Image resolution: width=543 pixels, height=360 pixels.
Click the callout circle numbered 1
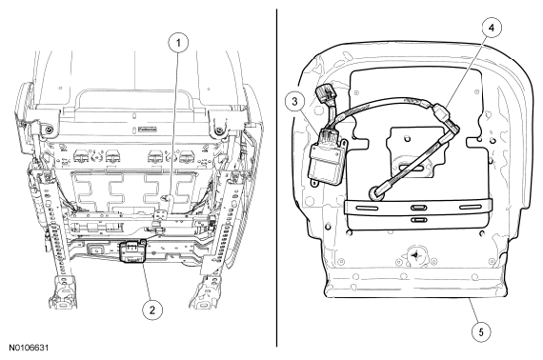pyautogui.click(x=178, y=43)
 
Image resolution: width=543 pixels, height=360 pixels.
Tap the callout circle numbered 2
pyautogui.click(x=152, y=310)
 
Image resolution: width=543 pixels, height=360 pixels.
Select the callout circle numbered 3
pyautogui.click(x=294, y=101)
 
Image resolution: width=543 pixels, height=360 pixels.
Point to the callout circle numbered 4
pyautogui.click(x=492, y=28)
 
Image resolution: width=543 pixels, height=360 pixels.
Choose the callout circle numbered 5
pyautogui.click(x=481, y=331)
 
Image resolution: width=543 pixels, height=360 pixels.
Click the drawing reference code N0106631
pyautogui.click(x=29, y=348)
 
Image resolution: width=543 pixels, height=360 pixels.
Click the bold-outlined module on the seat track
pyautogui.click(x=132, y=252)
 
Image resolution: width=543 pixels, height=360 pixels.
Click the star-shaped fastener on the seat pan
pyautogui.click(x=414, y=256)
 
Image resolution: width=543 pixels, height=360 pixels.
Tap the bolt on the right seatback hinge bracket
pyautogui.click(x=218, y=130)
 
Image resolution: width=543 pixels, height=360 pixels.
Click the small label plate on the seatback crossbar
pyautogui.click(x=147, y=130)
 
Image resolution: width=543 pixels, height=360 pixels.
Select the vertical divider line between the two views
pyautogui.click(x=276, y=177)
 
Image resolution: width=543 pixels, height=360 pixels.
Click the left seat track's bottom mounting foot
pyautogui.click(x=64, y=292)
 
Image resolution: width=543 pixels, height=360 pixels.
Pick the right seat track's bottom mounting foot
pyautogui.click(x=205, y=291)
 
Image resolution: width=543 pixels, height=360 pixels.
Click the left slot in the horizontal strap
pyautogui.click(x=367, y=208)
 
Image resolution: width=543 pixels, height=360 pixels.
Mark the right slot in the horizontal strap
pyautogui.click(x=471, y=207)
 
